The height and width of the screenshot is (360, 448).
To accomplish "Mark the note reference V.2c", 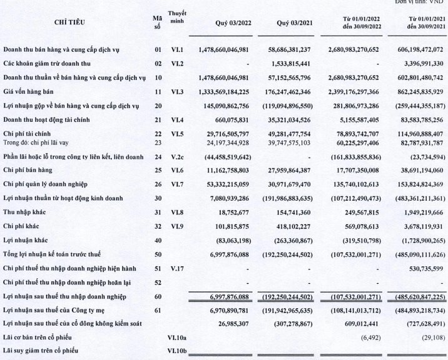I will (178, 156).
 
